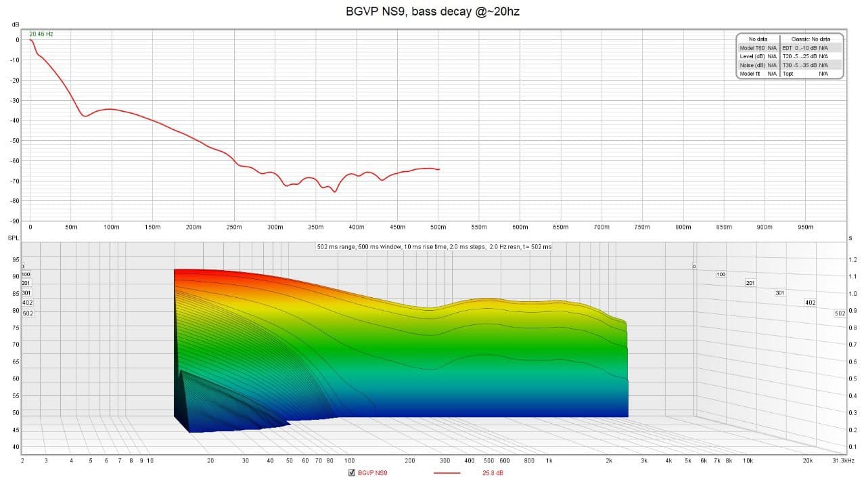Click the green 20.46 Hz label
point(41,34)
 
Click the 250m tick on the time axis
point(234,227)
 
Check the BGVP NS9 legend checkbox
point(351,473)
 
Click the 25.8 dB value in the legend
point(491,473)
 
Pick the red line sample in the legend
point(446,473)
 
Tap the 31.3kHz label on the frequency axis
point(842,460)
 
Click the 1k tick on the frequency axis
point(549,460)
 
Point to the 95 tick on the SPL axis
point(16,259)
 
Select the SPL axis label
point(14,238)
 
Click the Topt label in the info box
point(788,74)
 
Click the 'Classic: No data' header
point(811,39)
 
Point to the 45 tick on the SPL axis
point(16,430)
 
